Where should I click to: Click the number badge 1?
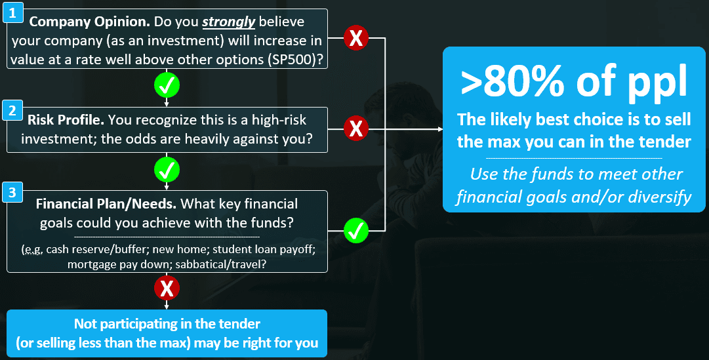click(12, 10)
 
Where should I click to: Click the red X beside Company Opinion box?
click(356, 39)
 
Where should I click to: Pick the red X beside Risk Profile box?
click(356, 129)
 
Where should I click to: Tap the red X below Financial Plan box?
click(167, 287)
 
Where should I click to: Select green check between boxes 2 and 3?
click(167, 170)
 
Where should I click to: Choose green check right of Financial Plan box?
click(356, 230)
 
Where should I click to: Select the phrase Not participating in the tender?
click(167, 324)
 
